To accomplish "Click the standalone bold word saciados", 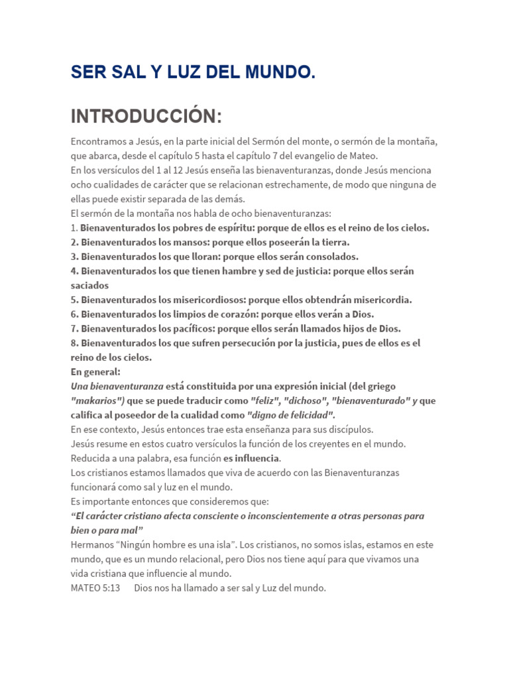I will point(89,285).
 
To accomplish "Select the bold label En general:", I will point(95,372).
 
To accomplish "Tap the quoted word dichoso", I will point(307,401).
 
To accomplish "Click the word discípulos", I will point(348,429).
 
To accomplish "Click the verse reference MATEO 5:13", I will point(95,588).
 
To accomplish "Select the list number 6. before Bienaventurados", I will point(74,314).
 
